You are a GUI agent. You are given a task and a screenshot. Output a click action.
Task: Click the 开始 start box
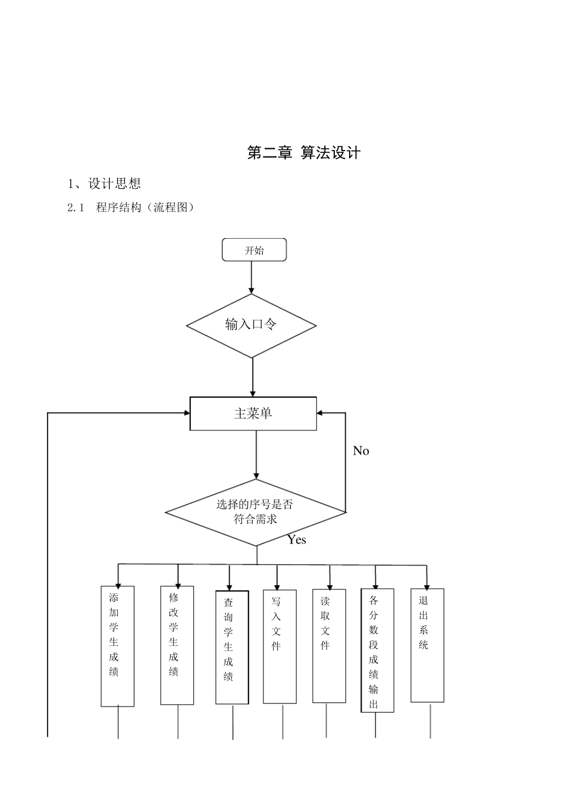(254, 250)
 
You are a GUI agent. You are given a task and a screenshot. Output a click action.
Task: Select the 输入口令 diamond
(251, 325)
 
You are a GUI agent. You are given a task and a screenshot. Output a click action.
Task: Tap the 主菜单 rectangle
(253, 413)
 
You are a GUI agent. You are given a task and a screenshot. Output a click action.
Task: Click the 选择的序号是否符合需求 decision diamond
(255, 512)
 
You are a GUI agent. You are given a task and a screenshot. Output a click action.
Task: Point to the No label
(361, 451)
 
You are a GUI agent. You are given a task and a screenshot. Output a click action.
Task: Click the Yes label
(297, 540)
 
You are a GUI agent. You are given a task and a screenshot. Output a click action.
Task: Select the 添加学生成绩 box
(117, 646)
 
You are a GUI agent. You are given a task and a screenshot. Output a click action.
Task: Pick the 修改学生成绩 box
(177, 645)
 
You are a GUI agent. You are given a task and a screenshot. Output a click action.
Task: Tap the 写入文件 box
(280, 646)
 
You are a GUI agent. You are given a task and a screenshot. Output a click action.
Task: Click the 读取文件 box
(329, 646)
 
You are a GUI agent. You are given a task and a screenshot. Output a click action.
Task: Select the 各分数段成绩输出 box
(377, 650)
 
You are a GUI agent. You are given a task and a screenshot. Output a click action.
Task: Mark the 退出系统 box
(427, 645)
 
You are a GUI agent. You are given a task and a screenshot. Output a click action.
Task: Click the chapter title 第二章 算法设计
(303, 153)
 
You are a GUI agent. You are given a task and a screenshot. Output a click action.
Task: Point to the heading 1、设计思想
(104, 183)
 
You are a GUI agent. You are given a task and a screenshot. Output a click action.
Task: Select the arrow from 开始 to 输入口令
(251, 277)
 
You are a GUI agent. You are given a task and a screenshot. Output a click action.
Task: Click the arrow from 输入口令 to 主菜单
(253, 377)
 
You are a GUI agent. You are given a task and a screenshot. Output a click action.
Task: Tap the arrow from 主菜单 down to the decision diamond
(256, 454)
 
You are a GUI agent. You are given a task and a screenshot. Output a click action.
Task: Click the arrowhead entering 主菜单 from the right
(321, 412)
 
